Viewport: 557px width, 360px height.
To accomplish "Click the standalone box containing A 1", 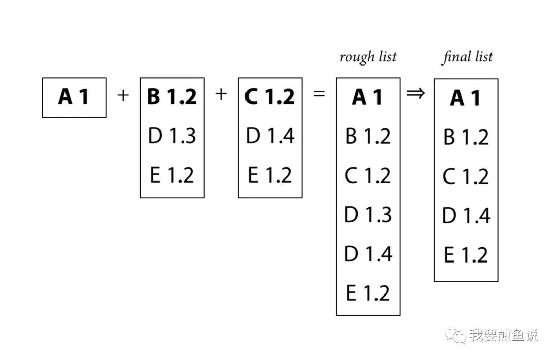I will pyautogui.click(x=74, y=97).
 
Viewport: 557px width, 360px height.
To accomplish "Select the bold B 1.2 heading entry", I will pyautogui.click(x=172, y=97).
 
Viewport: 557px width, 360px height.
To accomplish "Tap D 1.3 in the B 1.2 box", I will pyautogui.click(x=172, y=136).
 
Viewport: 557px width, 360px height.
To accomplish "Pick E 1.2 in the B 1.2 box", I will pyautogui.click(x=172, y=175).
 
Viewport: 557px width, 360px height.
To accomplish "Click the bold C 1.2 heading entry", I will pyautogui.click(x=270, y=97).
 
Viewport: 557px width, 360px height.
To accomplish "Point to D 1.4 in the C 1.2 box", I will pyautogui.click(x=270, y=136).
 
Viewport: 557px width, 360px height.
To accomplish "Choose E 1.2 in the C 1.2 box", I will pyautogui.click(x=270, y=175).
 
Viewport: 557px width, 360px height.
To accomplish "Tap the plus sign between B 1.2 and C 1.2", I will pyautogui.click(x=221, y=94).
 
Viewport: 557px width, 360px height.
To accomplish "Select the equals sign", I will pyautogui.click(x=320, y=95).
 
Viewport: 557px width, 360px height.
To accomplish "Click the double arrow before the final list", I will pyautogui.click(x=416, y=94).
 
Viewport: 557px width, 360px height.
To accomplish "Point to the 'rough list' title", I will pyautogui.click(x=368, y=57).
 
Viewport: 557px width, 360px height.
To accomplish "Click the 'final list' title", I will pyautogui.click(x=467, y=57).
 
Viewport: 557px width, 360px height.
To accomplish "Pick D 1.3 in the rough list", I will pyautogui.click(x=368, y=215).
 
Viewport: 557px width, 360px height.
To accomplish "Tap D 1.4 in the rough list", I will pyautogui.click(x=368, y=254).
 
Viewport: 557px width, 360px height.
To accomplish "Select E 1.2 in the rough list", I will pyautogui.click(x=368, y=293).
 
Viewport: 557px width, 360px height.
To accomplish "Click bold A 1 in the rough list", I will pyautogui.click(x=368, y=97).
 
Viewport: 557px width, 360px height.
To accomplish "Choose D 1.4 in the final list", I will pyautogui.click(x=466, y=216).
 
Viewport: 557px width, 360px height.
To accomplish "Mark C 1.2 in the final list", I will pyautogui.click(x=466, y=177).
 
